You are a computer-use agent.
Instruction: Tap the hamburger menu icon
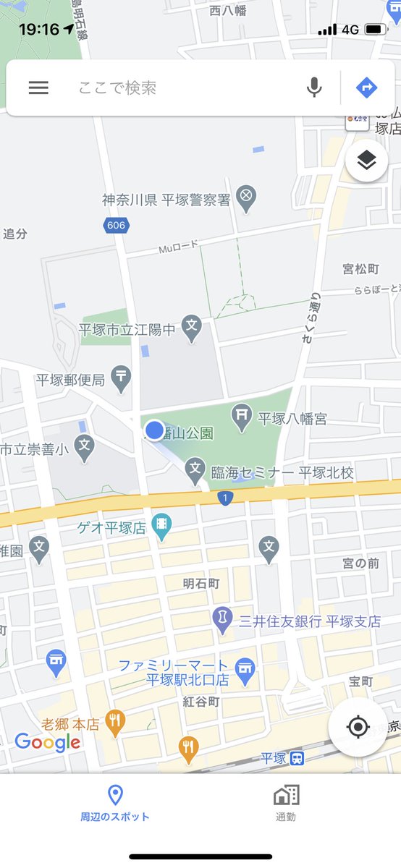click(38, 88)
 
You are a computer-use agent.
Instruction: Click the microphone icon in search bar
click(314, 88)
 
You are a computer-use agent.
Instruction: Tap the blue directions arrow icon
click(367, 88)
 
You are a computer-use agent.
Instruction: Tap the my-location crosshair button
click(358, 727)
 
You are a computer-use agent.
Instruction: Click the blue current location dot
click(154, 430)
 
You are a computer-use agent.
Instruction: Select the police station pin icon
click(247, 197)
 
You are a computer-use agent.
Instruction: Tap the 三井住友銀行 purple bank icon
click(222, 618)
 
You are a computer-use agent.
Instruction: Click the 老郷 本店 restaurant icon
click(114, 720)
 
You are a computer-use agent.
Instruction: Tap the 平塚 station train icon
click(297, 758)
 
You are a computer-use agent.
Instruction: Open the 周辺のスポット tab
click(115, 802)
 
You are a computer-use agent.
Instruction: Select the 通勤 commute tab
click(286, 802)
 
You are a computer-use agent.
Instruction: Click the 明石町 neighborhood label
click(201, 583)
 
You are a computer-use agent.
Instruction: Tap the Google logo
click(48, 741)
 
